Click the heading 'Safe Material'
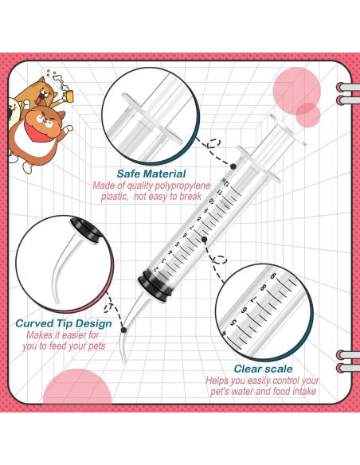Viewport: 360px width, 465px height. [x=151, y=174]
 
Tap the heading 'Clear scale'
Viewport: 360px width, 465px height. [x=263, y=369]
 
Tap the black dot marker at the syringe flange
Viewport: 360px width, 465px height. [x=233, y=166]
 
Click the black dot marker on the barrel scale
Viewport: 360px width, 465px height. [x=205, y=238]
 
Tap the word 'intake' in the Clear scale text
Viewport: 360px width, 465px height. [x=303, y=391]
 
